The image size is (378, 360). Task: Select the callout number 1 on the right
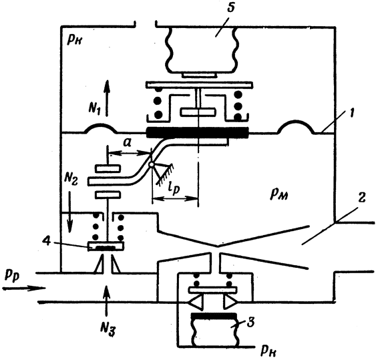pyautogui.click(x=351, y=112)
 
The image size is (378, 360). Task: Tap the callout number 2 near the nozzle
pyautogui.click(x=361, y=198)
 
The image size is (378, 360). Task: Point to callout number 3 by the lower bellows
pyautogui.click(x=250, y=323)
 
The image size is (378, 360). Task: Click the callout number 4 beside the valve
pyautogui.click(x=47, y=241)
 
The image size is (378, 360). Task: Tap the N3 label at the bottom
pyautogui.click(x=108, y=329)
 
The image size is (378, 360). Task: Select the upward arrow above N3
pyautogui.click(x=106, y=300)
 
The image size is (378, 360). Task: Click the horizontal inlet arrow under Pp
pyautogui.click(x=24, y=288)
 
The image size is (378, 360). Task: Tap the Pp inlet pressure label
pyautogui.click(x=12, y=276)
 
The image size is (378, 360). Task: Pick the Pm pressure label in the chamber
pyautogui.click(x=279, y=194)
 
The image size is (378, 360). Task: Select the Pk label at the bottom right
pyautogui.click(x=268, y=352)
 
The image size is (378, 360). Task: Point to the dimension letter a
pyautogui.click(x=127, y=143)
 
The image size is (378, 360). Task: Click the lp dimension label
pyautogui.click(x=173, y=189)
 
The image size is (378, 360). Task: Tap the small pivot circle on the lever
pyautogui.click(x=152, y=165)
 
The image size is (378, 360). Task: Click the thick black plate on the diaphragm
pyautogui.click(x=198, y=133)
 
